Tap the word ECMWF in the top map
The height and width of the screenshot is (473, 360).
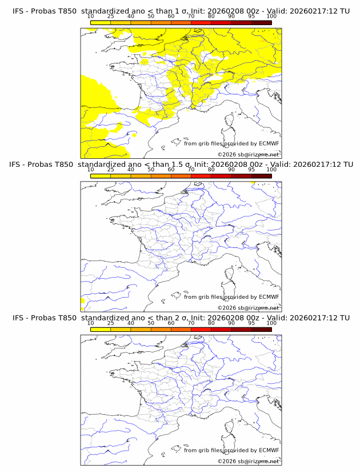269,143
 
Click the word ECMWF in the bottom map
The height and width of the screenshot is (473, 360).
269,450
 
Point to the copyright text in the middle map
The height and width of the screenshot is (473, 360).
249,307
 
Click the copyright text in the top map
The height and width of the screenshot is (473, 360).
249,154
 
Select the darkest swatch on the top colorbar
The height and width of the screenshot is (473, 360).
261,22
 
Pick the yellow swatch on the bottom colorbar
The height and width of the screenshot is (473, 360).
101,330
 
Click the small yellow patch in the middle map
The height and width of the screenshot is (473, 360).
83,300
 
